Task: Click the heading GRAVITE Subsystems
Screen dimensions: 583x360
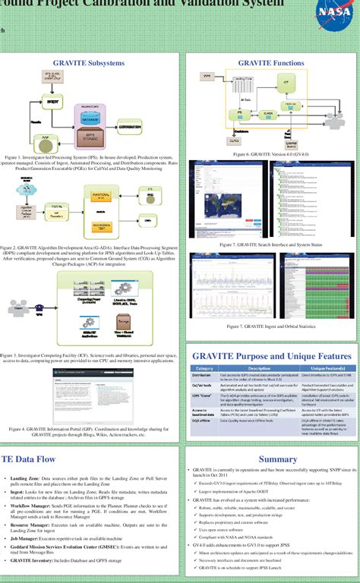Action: [x=91, y=63]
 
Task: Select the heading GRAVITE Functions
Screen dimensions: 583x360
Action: [x=270, y=63]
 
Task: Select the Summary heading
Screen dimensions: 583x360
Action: [x=277, y=459]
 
